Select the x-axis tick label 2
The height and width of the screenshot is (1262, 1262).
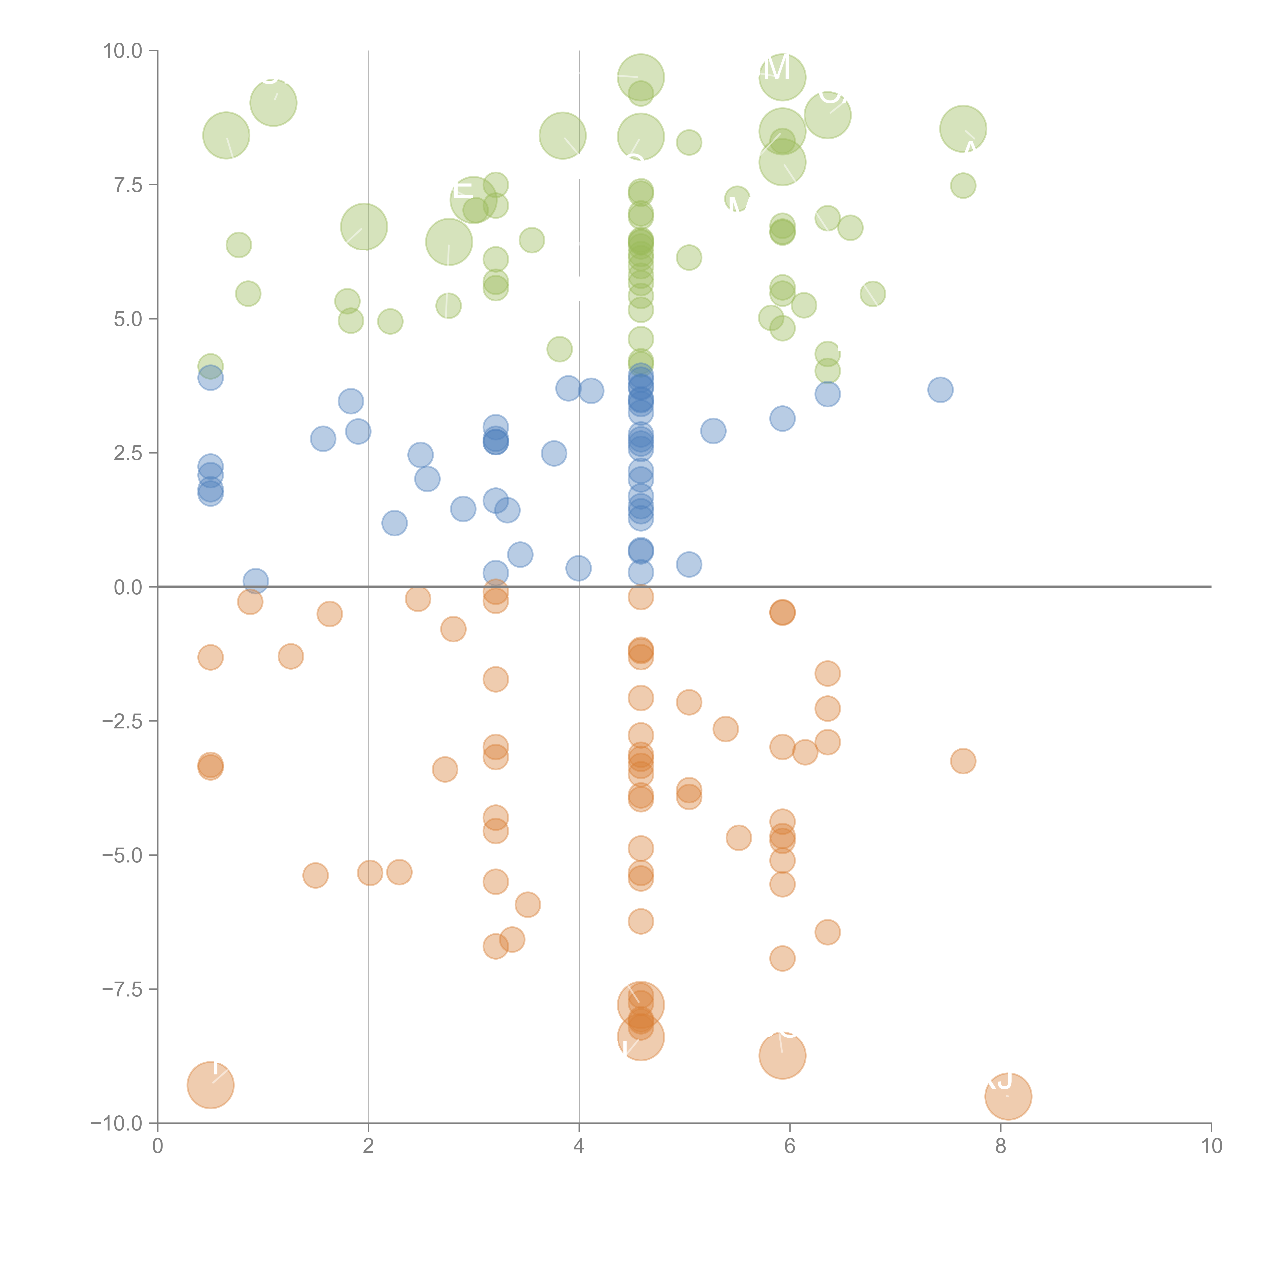pos(369,1146)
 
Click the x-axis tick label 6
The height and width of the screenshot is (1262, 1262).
pos(790,1146)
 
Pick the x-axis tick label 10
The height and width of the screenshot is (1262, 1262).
pos(1211,1146)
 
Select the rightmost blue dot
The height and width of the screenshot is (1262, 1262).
pos(940,390)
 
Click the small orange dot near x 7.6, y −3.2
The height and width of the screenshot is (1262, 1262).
pos(963,761)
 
